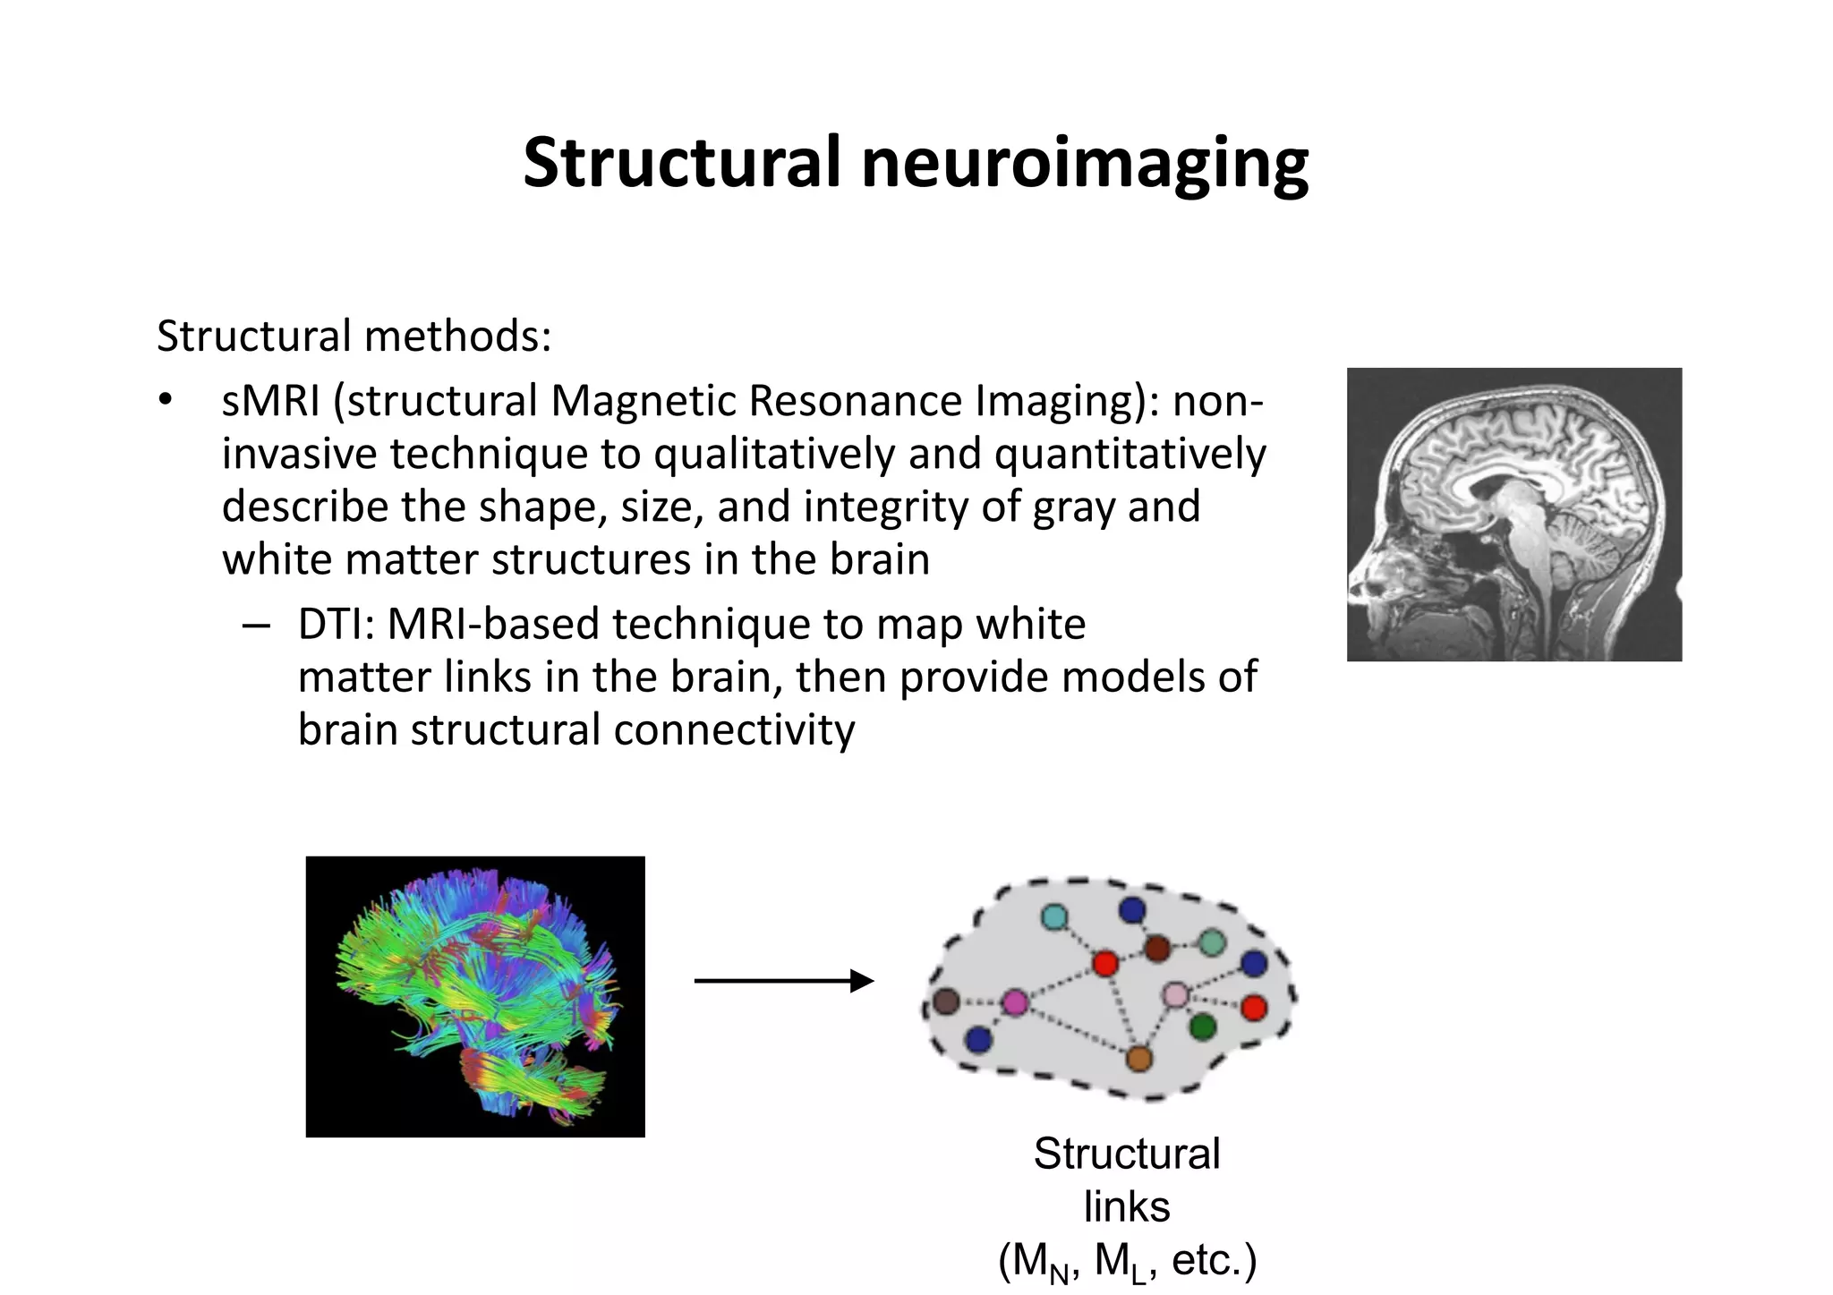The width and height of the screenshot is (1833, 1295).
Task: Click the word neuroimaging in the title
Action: (x=1084, y=164)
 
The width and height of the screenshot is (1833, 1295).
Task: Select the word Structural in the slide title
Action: (x=682, y=164)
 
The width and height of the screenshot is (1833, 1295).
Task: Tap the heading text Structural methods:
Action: (x=354, y=337)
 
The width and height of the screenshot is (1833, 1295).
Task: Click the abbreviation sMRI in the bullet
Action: (x=270, y=400)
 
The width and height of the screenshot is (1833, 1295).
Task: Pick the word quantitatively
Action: (x=1130, y=454)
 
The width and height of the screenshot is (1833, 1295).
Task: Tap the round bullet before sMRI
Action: (x=164, y=400)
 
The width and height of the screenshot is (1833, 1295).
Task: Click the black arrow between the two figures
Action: (x=783, y=981)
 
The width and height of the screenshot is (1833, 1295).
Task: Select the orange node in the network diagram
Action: (x=1138, y=1060)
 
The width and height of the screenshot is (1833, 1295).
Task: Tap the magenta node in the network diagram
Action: (x=1015, y=1002)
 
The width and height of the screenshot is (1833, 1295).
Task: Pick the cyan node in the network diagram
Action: (x=1054, y=916)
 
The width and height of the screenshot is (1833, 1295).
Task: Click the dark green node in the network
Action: (x=1203, y=1027)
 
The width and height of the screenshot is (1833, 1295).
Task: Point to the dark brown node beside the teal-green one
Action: (x=1157, y=948)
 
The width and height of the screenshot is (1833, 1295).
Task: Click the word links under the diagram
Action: (x=1126, y=1206)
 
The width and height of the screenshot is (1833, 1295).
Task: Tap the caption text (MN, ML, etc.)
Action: (x=1127, y=1261)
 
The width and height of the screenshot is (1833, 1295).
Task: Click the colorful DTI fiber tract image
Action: (x=475, y=996)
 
